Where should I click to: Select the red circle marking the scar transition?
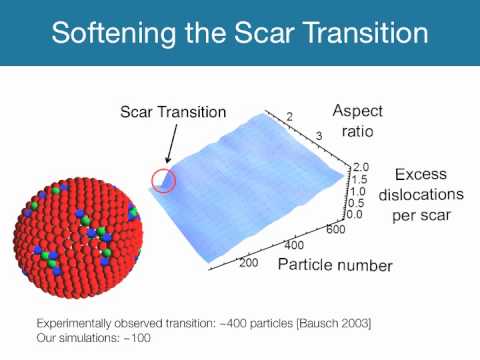click(x=163, y=181)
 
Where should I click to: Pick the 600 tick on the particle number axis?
click(x=335, y=230)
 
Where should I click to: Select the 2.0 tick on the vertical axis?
click(x=361, y=168)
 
